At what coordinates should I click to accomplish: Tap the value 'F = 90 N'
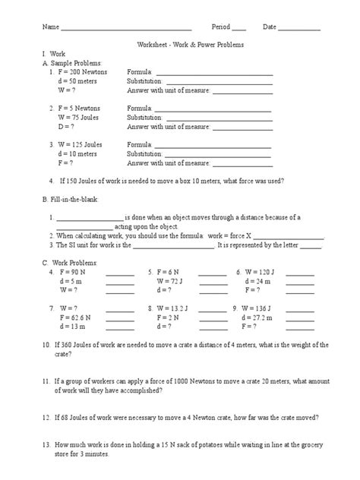[73, 271]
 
